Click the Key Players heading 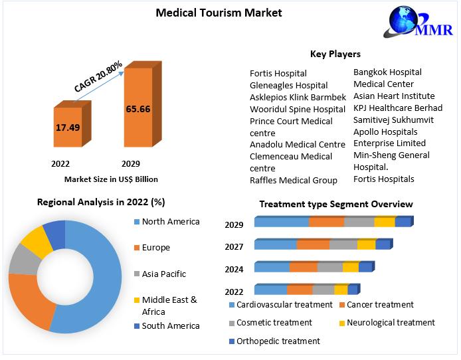pyautogui.click(x=335, y=54)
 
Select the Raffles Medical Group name pyautogui.click(x=293, y=180)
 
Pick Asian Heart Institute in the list pyautogui.click(x=394, y=96)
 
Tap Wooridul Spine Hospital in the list pyautogui.click(x=298, y=109)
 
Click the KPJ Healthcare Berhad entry pyautogui.click(x=397, y=108)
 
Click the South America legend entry pyautogui.click(x=170, y=325)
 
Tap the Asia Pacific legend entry pyautogui.click(x=163, y=274)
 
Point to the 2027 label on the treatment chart pyautogui.click(x=234, y=246)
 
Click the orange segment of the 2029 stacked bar pyautogui.click(x=326, y=222)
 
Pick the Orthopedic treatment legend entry pyautogui.click(x=278, y=341)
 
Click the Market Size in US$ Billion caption pyautogui.click(x=111, y=179)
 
